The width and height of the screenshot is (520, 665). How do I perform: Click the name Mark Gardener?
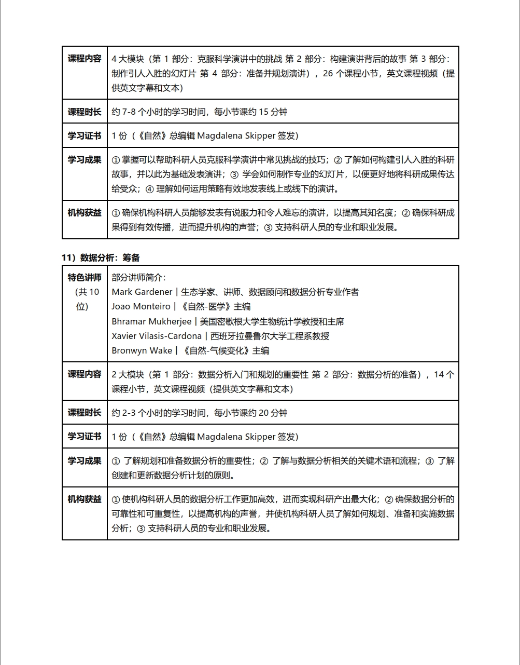(142, 292)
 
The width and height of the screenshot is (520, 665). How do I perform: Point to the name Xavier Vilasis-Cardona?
(157, 336)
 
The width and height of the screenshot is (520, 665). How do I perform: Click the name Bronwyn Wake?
(142, 350)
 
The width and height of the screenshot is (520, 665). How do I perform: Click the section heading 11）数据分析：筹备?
(101, 257)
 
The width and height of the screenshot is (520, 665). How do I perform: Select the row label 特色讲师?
(85, 277)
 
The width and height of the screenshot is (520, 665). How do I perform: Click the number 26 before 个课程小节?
(328, 73)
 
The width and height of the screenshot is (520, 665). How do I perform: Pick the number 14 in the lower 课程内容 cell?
(439, 374)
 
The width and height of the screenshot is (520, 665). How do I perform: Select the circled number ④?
(149, 189)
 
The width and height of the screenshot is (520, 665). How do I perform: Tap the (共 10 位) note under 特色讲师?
(85, 299)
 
